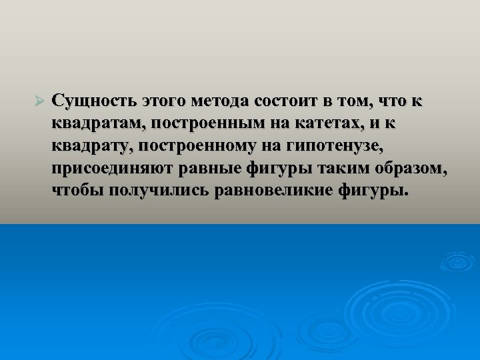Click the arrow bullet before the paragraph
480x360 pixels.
[x=38, y=101]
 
